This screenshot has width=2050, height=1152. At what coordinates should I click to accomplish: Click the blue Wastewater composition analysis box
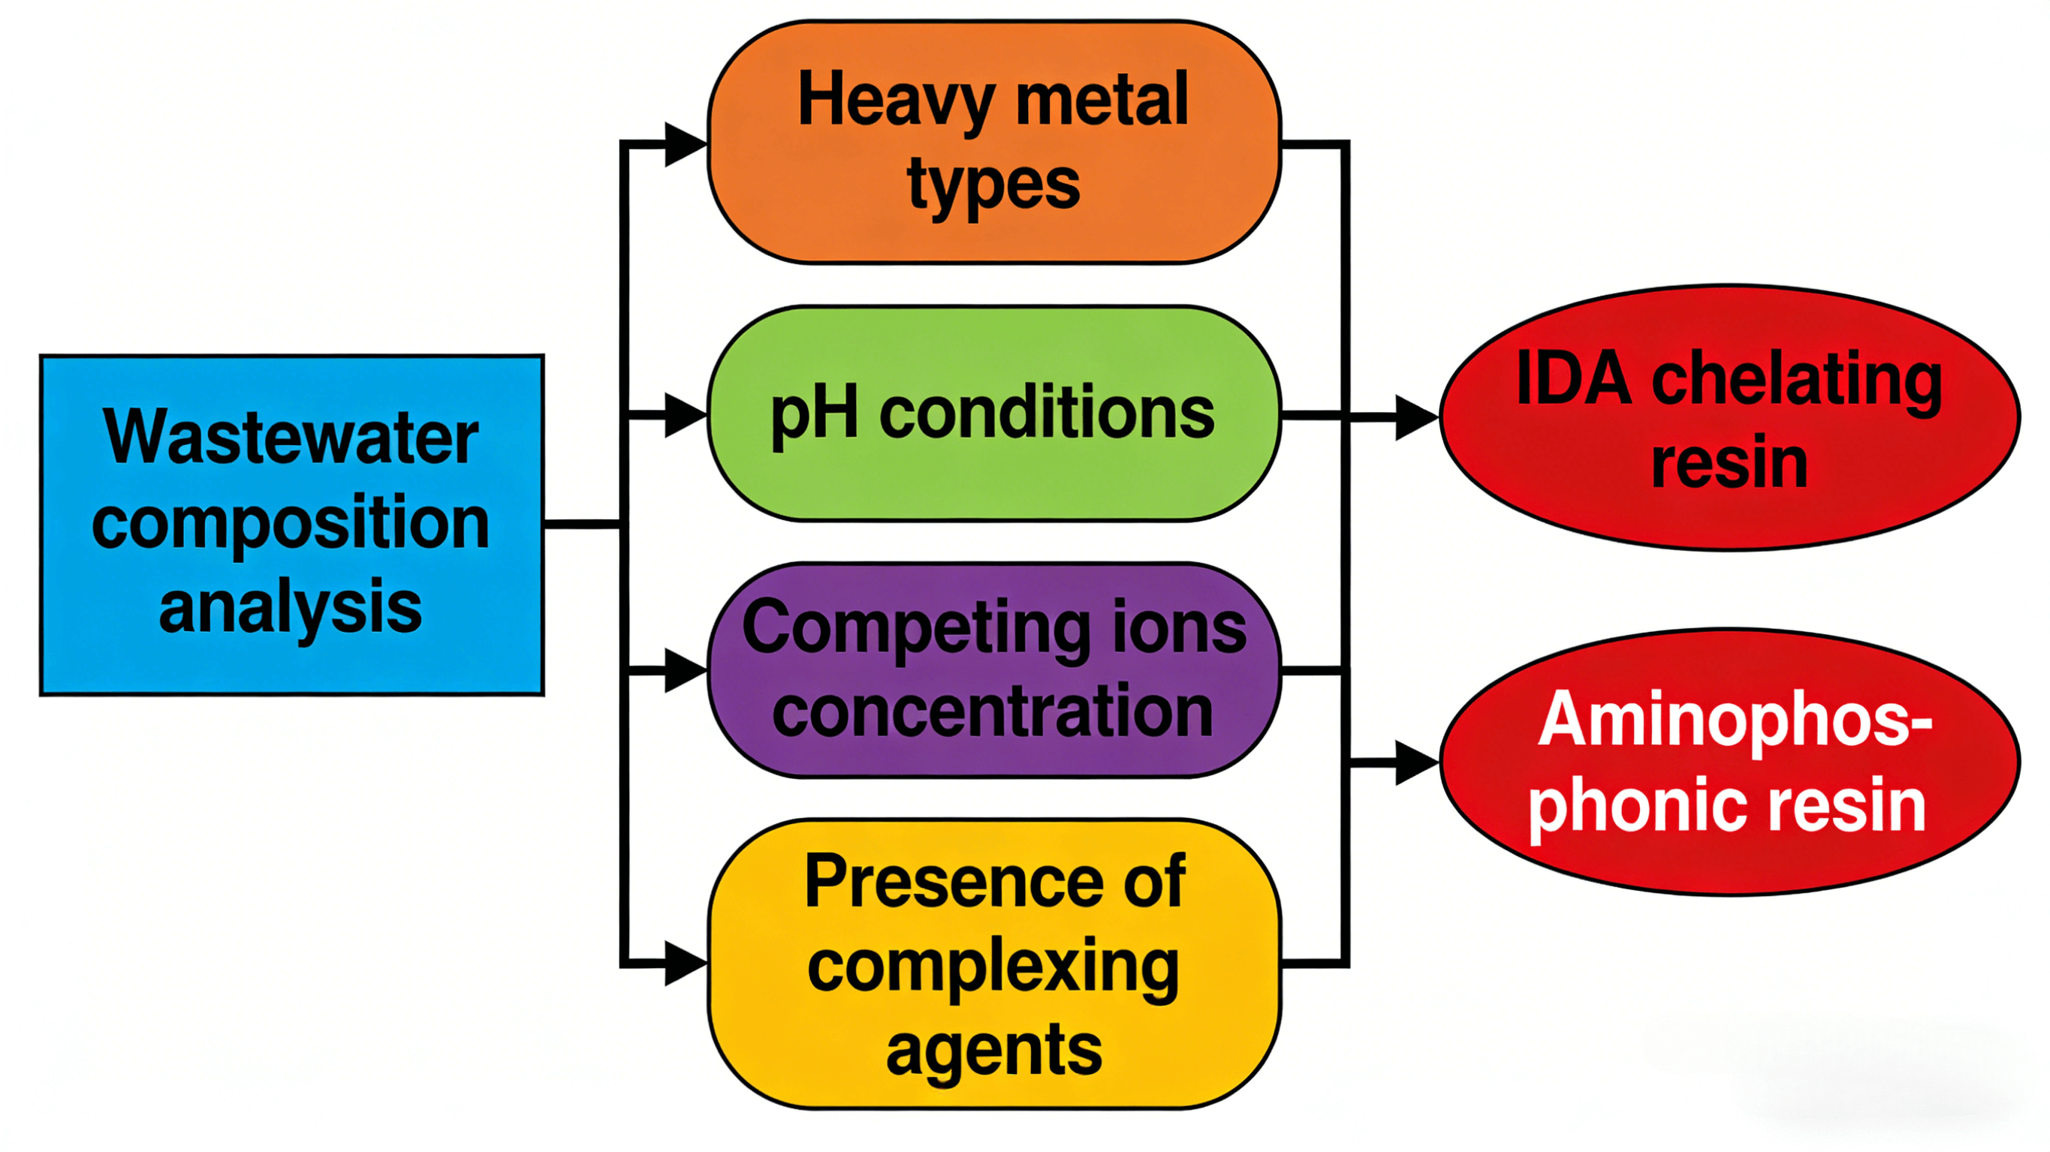291,525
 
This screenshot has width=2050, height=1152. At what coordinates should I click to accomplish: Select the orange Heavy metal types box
993,142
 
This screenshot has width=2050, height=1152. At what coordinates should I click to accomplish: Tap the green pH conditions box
993,414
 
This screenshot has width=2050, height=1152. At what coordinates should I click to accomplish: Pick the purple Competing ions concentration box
993,670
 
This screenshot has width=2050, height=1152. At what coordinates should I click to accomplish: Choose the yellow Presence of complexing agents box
993,963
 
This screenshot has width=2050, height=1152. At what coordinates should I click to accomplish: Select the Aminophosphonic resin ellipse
1729,762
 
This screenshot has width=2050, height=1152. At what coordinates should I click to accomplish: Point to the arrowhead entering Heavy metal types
684,144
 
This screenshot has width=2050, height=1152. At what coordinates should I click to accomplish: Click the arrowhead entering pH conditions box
684,414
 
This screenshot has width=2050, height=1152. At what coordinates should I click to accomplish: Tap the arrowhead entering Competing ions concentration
684,671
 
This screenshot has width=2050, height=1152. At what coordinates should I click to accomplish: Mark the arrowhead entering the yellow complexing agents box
684,964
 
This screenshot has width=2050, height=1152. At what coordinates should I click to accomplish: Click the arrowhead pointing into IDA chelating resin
1415,416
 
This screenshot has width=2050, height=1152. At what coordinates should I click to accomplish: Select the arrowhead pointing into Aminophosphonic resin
1415,762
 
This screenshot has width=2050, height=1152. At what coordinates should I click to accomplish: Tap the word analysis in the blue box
290,609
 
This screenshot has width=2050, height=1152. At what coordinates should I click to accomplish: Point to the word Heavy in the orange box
895,102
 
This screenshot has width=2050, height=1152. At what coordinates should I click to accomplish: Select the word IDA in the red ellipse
1573,380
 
